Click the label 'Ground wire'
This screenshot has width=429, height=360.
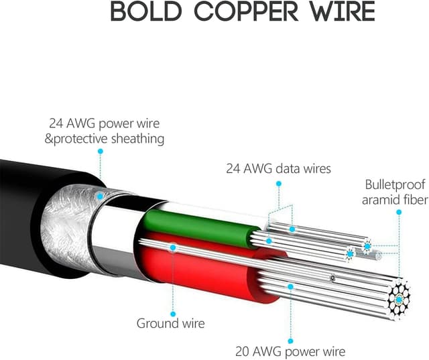click(x=171, y=323)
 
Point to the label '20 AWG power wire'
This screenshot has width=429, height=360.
click(x=290, y=351)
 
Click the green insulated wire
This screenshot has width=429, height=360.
click(x=201, y=227)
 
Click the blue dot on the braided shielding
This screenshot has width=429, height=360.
click(x=100, y=196)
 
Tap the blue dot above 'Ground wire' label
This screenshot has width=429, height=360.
click(x=173, y=247)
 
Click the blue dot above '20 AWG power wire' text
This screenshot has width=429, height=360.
click(x=290, y=286)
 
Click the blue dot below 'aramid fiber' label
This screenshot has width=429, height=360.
click(x=398, y=213)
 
